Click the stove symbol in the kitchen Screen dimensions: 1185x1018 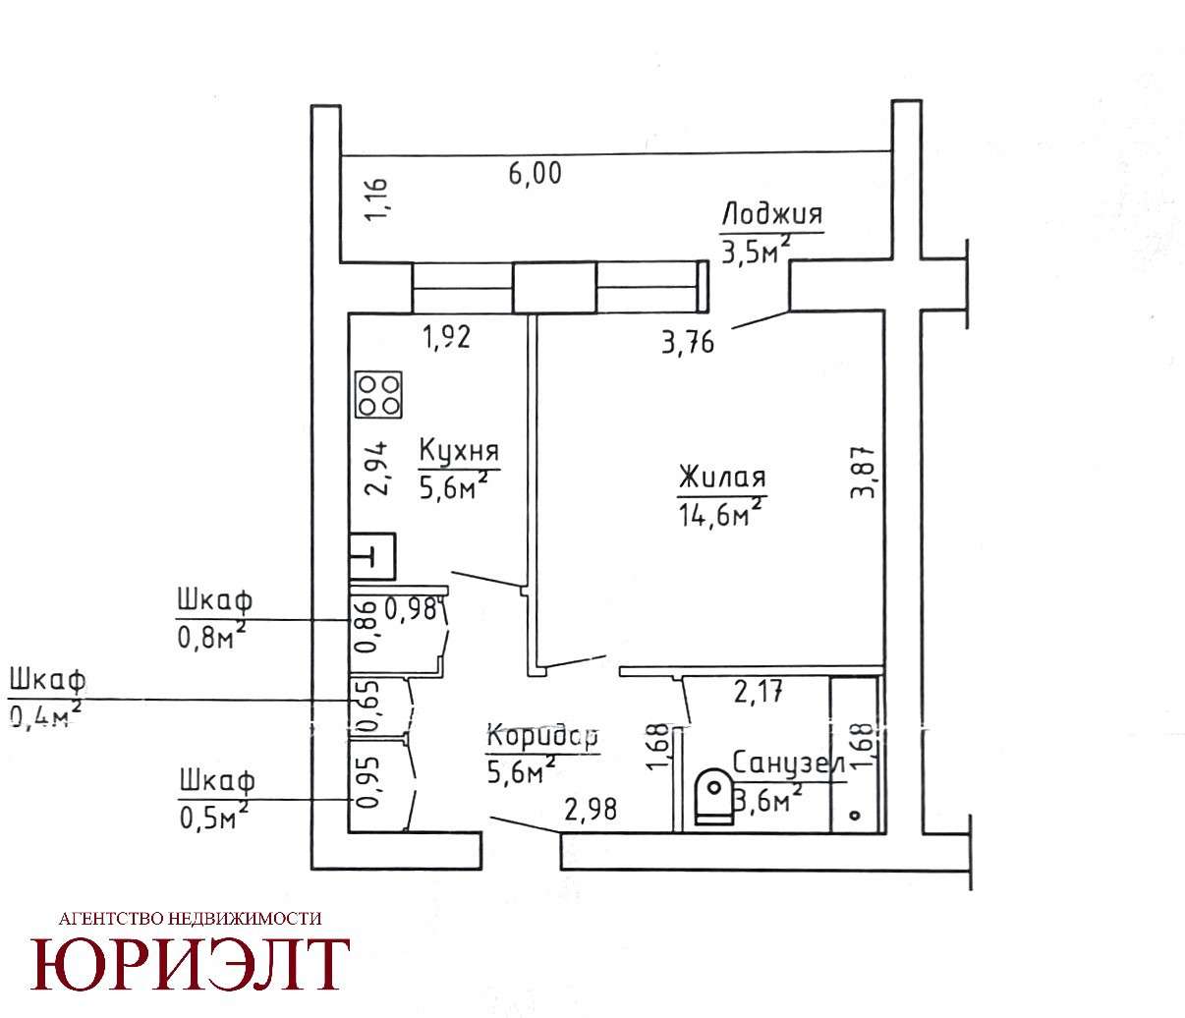click(x=378, y=395)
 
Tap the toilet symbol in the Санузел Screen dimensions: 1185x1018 click(x=713, y=797)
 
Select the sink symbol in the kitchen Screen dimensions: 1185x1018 click(x=372, y=556)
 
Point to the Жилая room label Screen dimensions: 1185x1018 click(x=722, y=477)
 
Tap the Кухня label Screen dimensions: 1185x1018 click(x=459, y=450)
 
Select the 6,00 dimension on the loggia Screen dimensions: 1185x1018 click(x=535, y=173)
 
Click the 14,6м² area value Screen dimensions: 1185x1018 click(x=721, y=512)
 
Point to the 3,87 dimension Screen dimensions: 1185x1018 click(x=863, y=472)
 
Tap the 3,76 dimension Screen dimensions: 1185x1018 click(x=688, y=343)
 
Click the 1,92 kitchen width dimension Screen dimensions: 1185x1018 click(x=447, y=337)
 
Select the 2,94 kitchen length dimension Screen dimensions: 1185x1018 click(x=377, y=468)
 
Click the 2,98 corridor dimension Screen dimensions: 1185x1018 click(x=591, y=810)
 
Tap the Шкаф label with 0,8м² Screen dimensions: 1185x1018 click(x=215, y=600)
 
